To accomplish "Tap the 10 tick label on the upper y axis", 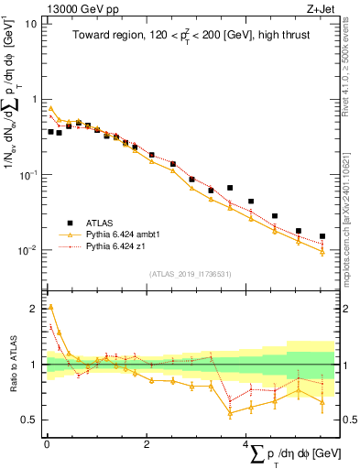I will [31, 24].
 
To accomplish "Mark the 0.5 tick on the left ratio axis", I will [30, 420].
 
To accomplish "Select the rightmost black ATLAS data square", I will [322, 236].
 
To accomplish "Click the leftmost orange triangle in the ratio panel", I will [50, 307].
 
